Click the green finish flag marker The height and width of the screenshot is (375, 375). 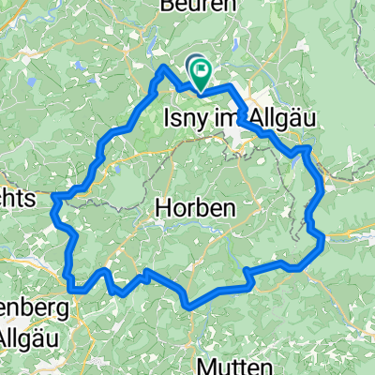pos(203,79)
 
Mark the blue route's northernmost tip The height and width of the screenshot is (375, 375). pos(166,67)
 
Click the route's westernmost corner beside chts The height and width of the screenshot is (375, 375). pos(54,197)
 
